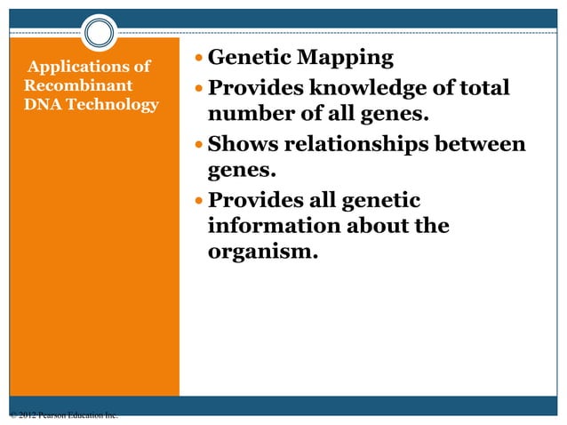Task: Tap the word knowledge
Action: click(364, 89)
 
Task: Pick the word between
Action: click(481, 144)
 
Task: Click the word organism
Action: click(261, 252)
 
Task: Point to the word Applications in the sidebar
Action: click(89, 68)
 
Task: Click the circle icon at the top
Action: click(100, 34)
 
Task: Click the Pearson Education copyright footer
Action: click(62, 415)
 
